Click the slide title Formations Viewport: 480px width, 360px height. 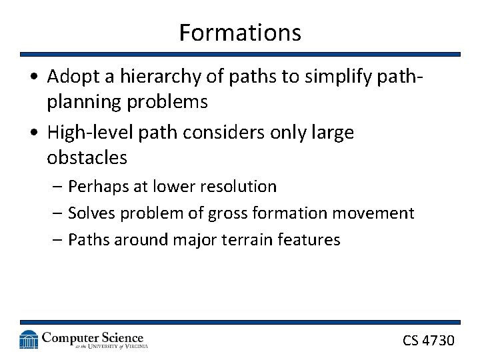pos(240,32)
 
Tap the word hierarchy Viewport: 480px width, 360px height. pos(141,77)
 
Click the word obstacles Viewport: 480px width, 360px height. pos(87,158)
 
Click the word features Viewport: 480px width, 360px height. pos(311,240)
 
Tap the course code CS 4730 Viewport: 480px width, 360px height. pos(428,341)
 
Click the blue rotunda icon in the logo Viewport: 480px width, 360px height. pos(29,339)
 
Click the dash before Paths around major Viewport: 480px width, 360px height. pos(57,240)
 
